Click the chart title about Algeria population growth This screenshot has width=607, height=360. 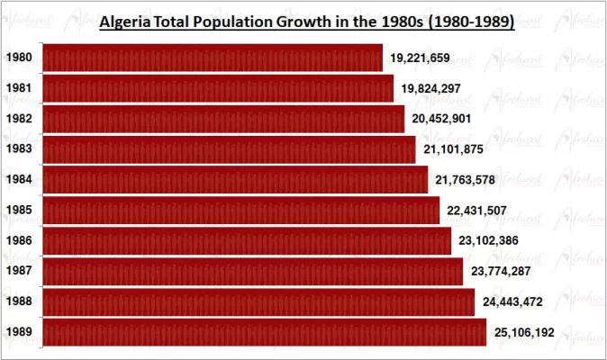coord(305,22)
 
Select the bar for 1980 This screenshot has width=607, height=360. coord(213,58)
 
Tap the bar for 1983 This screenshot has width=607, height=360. coord(229,149)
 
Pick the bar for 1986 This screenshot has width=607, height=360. coord(247,241)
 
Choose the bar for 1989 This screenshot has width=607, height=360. coord(265,332)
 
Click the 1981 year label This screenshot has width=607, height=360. coord(19,88)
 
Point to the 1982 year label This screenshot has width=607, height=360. coord(19,119)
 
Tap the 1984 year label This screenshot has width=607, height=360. coord(19,180)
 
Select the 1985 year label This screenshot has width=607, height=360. coord(19,211)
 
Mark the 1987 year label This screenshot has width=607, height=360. coord(19,272)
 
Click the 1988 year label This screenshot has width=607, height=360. coord(19,302)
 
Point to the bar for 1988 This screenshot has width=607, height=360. coord(258,301)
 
